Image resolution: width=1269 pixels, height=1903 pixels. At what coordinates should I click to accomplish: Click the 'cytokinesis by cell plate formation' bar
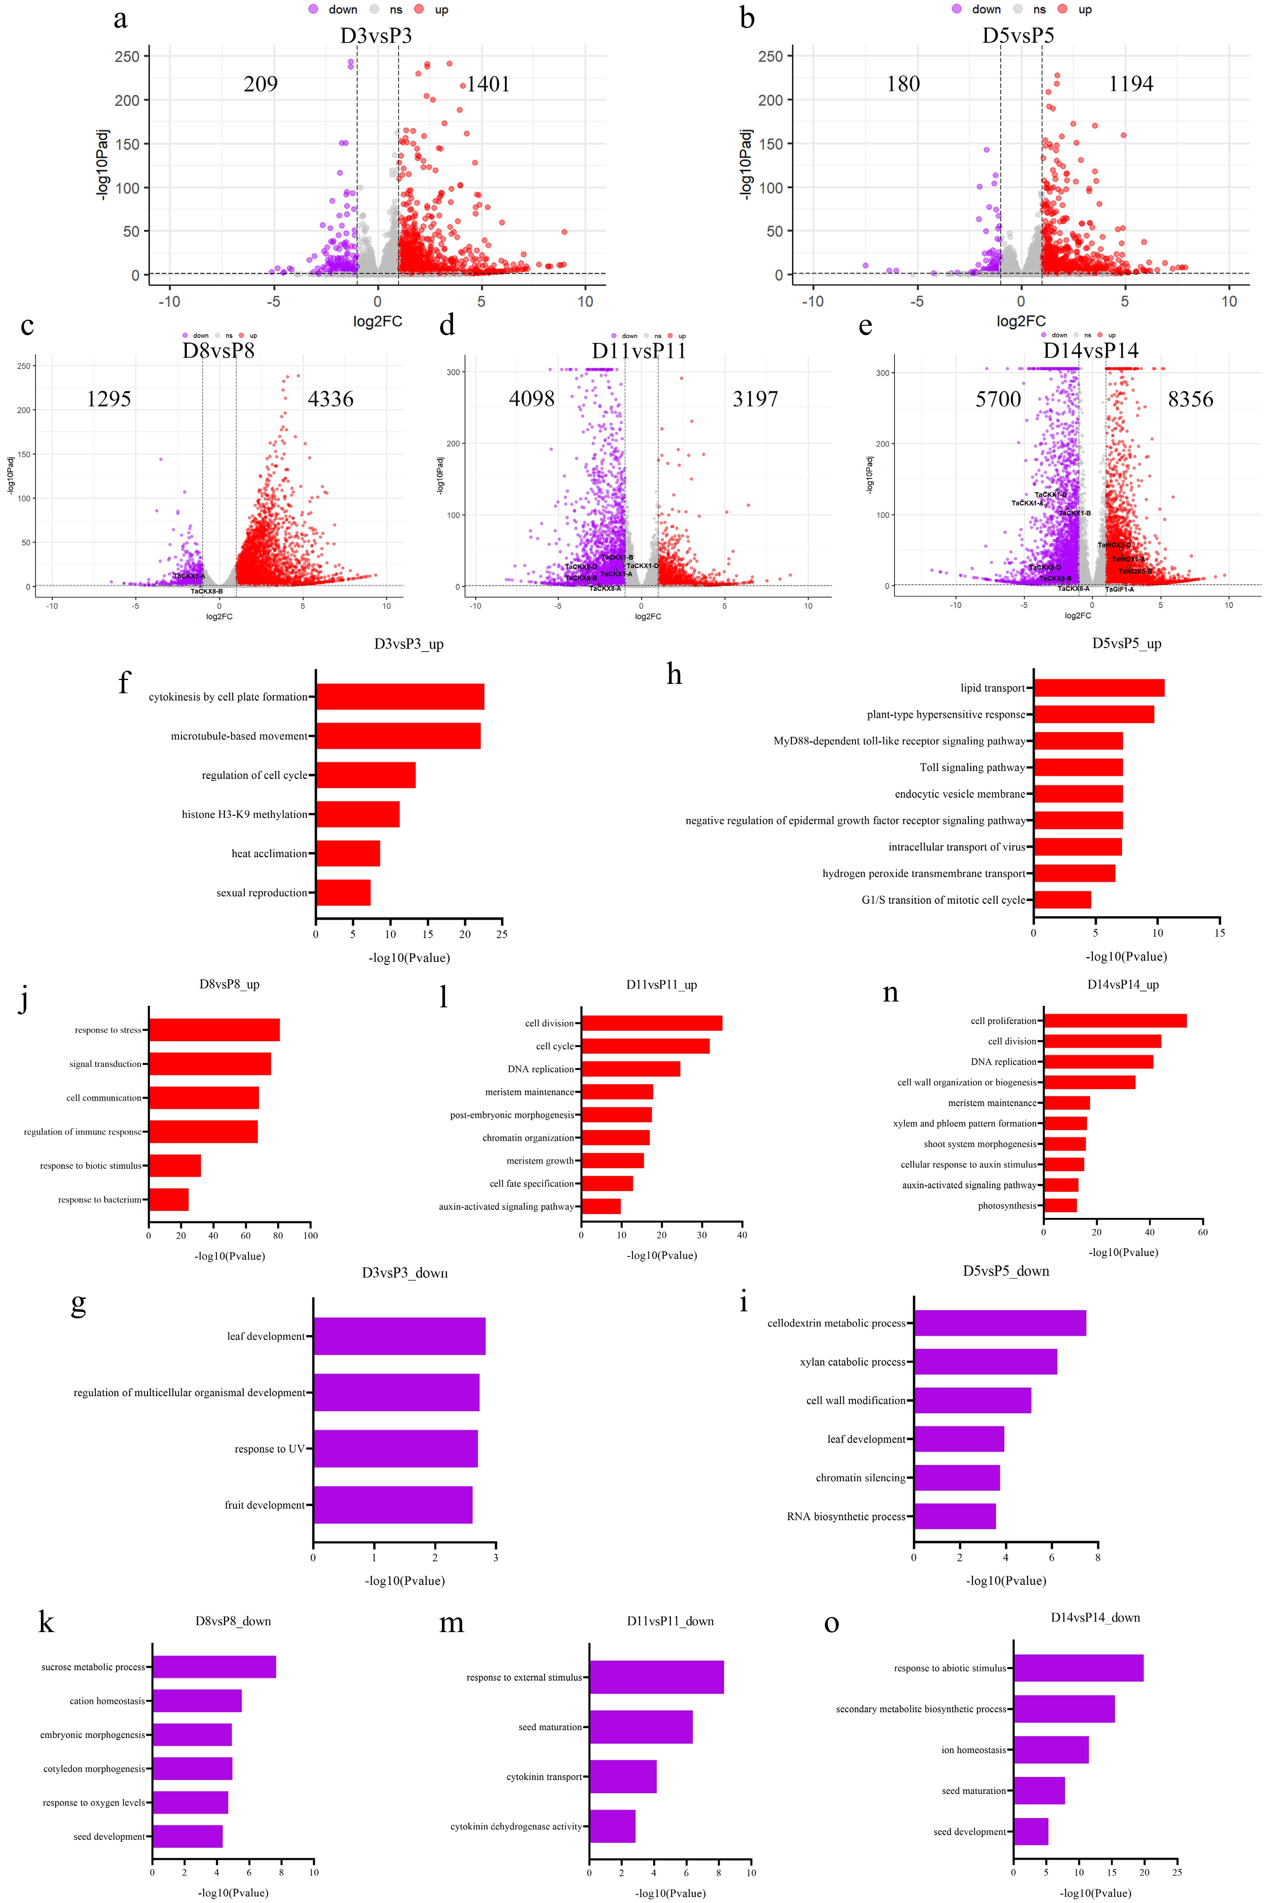click(400, 697)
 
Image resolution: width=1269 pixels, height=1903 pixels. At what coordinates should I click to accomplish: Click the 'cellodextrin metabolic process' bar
click(1000, 1323)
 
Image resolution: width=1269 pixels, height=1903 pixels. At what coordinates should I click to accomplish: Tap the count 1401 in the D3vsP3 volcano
click(488, 84)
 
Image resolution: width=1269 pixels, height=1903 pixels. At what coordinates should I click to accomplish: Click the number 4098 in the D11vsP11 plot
click(532, 399)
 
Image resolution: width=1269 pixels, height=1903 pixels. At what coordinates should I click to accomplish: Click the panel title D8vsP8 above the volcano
click(218, 350)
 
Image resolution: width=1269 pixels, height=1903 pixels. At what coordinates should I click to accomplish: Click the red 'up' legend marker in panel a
click(419, 10)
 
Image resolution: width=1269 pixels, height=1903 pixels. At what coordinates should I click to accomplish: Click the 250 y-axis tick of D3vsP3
click(127, 57)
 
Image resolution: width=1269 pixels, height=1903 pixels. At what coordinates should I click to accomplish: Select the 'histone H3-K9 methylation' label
click(244, 814)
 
